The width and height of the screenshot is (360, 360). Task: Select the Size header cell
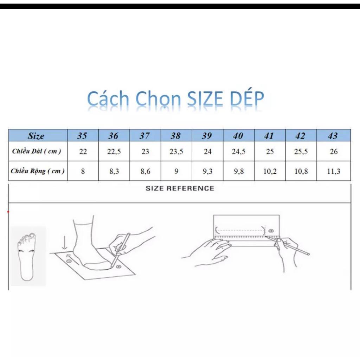(x=36, y=136)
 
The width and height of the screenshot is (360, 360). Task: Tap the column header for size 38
(x=176, y=136)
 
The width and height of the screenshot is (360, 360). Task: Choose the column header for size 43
(x=333, y=136)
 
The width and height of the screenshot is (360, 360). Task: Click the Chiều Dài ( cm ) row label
(x=37, y=152)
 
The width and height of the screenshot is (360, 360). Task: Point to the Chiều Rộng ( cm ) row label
(x=38, y=171)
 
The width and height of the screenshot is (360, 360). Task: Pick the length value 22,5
(x=114, y=152)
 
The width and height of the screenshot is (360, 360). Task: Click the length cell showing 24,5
(x=239, y=152)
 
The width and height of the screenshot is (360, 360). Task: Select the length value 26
(x=334, y=152)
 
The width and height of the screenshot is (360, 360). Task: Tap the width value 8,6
(x=145, y=172)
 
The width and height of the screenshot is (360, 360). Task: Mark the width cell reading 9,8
(x=239, y=172)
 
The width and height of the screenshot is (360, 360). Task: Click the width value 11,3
(x=334, y=172)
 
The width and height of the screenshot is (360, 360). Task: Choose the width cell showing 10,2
(x=269, y=172)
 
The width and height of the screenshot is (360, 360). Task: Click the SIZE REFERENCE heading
(x=180, y=188)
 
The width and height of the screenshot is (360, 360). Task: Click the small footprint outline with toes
(x=27, y=256)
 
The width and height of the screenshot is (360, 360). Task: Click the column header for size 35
(x=82, y=136)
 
